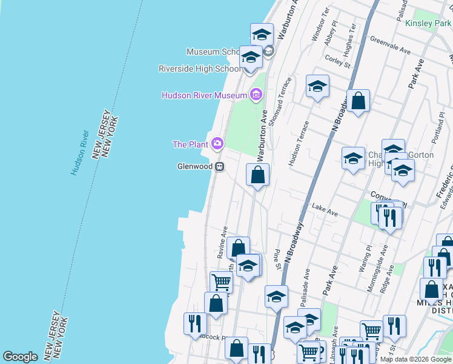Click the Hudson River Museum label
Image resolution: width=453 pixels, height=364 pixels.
(x=204, y=95)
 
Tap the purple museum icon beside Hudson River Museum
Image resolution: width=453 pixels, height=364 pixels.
(x=256, y=95)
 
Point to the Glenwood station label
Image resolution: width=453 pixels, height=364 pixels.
(x=194, y=166)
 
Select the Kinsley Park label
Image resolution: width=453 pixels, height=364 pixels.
(x=428, y=24)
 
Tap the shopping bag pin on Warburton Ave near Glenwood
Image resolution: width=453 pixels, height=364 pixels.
(x=257, y=175)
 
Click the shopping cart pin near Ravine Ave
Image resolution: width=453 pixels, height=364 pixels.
(x=221, y=281)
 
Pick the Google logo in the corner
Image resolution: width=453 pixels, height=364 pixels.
(x=20, y=357)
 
